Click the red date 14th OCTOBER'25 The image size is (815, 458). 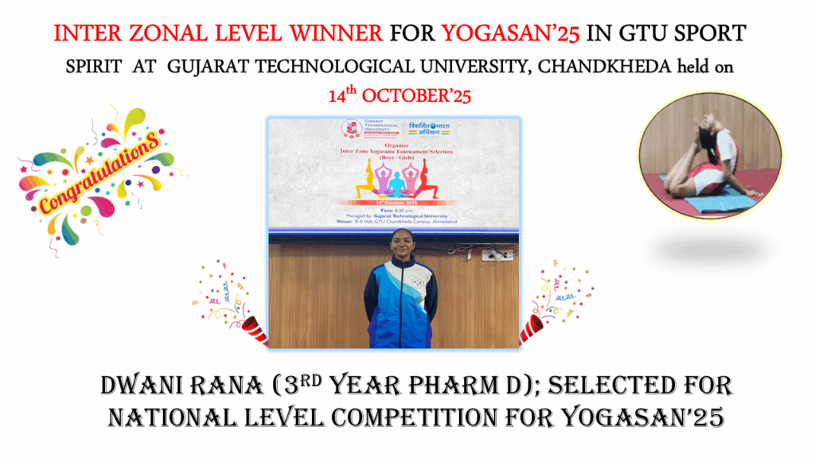click(400, 96)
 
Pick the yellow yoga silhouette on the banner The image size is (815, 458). click(367, 180)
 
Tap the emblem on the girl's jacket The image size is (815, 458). click(417, 283)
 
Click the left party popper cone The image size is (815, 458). click(254, 328)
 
